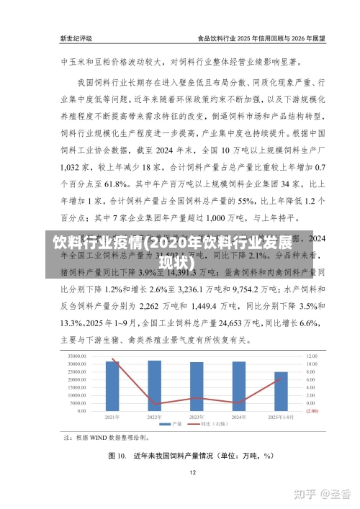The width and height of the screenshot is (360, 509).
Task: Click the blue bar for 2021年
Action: click(113, 386)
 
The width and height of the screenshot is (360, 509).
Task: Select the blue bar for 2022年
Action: click(155, 386)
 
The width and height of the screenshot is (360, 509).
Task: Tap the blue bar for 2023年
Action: click(197, 387)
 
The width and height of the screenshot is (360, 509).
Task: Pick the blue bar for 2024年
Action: click(238, 387)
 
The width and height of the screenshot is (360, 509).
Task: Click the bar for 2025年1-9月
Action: click(280, 392)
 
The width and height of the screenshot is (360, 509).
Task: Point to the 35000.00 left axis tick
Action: click(78, 356)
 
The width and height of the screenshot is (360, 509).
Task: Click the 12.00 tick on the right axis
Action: click(312, 356)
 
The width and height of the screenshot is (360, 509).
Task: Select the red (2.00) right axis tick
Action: click(312, 411)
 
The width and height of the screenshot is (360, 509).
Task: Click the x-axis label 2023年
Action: click(196, 417)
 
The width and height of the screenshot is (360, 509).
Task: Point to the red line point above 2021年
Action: click(113, 359)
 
